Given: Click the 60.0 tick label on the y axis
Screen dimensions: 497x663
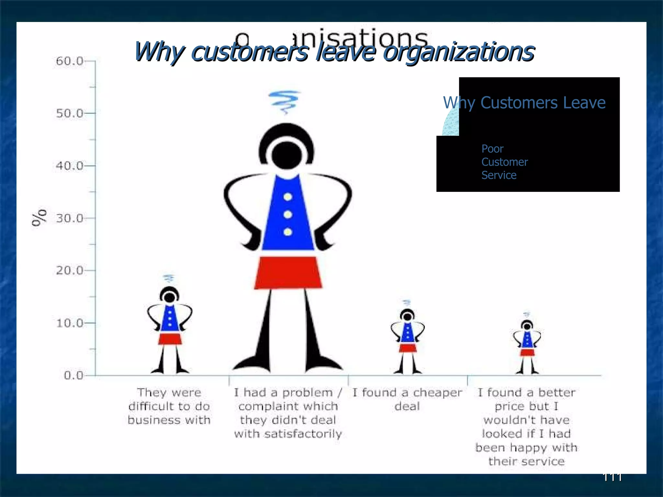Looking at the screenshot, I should click(x=69, y=61).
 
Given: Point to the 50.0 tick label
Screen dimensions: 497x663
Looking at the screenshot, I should click(x=69, y=113).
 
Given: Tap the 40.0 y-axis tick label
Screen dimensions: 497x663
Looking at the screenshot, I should click(x=69, y=166).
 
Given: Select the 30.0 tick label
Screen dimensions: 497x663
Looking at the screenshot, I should click(x=69, y=218).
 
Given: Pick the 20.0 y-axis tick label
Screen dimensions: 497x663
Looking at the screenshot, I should click(x=69, y=271).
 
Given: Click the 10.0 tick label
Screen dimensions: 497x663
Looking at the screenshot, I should click(x=69, y=323).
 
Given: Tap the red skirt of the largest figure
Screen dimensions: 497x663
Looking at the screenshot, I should click(x=288, y=272).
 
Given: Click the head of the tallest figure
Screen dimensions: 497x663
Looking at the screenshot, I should click(x=287, y=155).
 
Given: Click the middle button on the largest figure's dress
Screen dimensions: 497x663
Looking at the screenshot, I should click(x=288, y=215).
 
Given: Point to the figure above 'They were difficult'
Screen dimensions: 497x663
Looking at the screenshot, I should click(x=170, y=327).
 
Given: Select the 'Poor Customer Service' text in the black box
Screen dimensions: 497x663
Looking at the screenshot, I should click(x=504, y=162).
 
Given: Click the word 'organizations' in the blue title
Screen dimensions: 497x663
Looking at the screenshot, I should click(x=458, y=52).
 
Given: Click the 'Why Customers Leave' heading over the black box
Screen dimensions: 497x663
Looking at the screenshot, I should click(x=524, y=103).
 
